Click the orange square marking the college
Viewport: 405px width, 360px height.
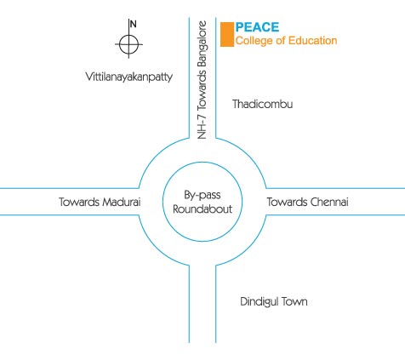pyautogui.click(x=227, y=34)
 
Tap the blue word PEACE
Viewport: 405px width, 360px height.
pyautogui.click(x=257, y=27)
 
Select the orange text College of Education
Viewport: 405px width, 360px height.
pyautogui.click(x=286, y=41)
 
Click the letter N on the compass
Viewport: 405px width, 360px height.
pyautogui.click(x=133, y=25)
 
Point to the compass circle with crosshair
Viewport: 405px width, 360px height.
pyautogui.click(x=128, y=44)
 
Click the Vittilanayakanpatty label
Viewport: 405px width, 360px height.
pyautogui.click(x=129, y=77)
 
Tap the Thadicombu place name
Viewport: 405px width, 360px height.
pyautogui.click(x=263, y=104)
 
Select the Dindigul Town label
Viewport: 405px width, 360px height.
pyautogui.click(x=274, y=301)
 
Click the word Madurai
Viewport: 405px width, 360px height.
pyautogui.click(x=122, y=202)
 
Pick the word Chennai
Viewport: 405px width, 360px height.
pyautogui.click(x=329, y=202)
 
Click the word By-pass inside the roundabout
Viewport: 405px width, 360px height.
pyautogui.click(x=202, y=196)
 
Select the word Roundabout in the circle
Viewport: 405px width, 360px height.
pyautogui.click(x=202, y=209)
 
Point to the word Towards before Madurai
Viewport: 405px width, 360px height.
pyautogui.click(x=79, y=202)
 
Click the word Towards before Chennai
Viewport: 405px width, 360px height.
pyautogui.click(x=288, y=202)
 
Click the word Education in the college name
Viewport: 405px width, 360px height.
pyautogui.click(x=313, y=41)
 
